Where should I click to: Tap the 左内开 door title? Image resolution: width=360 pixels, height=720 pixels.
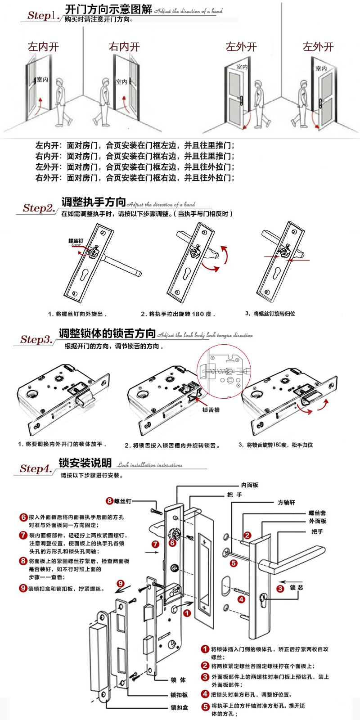tap(43, 46)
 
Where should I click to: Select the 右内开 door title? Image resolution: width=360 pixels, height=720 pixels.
tap(124, 46)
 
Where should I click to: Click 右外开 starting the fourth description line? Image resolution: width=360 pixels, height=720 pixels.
tap(47, 178)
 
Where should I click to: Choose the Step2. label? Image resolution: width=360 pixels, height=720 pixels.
tap(39, 208)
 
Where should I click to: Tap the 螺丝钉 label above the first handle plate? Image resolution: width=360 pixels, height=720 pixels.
tap(76, 241)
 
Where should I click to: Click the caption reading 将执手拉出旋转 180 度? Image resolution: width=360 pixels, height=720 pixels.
tap(178, 314)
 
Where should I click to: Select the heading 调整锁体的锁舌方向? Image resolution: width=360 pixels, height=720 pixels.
tap(107, 333)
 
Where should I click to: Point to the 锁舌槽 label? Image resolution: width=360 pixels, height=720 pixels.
tap(211, 410)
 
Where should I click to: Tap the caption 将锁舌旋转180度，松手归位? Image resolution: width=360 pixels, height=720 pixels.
tap(275, 445)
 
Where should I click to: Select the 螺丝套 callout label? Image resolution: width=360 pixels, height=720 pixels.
tap(317, 513)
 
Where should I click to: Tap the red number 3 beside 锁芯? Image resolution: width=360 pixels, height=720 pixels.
tap(280, 588)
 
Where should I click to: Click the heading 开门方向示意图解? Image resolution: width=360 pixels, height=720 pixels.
tap(108, 9)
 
